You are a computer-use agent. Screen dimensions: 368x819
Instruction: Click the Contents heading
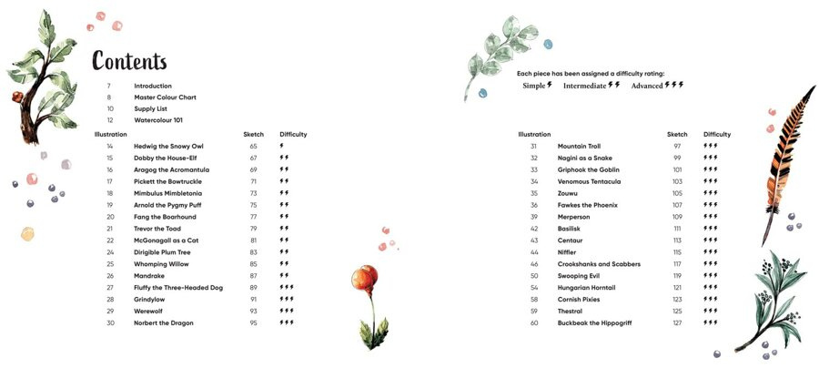pyautogui.click(x=129, y=61)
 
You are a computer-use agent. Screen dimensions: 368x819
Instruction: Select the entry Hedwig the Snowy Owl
pyautogui.click(x=168, y=146)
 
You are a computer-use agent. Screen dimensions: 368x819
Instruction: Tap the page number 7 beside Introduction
pyautogui.click(x=109, y=86)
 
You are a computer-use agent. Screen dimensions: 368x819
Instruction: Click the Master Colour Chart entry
pyautogui.click(x=165, y=97)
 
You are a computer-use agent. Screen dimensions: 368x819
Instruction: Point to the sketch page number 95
pyautogui.click(x=254, y=322)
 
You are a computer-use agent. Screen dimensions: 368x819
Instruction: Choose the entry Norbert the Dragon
pyautogui.click(x=163, y=322)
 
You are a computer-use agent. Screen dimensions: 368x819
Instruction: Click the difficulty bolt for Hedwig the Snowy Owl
pyautogui.click(x=282, y=146)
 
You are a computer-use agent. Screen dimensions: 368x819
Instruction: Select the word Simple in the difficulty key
pyautogui.click(x=534, y=86)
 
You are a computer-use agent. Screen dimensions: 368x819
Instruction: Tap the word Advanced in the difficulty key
pyautogui.click(x=647, y=86)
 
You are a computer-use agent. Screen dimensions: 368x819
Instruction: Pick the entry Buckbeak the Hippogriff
pyautogui.click(x=594, y=322)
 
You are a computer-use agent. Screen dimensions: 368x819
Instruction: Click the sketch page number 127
pyautogui.click(x=677, y=322)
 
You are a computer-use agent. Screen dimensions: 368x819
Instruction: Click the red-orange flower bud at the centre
pyautogui.click(x=366, y=277)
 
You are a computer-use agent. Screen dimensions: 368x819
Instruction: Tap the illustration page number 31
pyautogui.click(x=534, y=146)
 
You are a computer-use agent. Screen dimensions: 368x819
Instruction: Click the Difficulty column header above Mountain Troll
pyautogui.click(x=717, y=134)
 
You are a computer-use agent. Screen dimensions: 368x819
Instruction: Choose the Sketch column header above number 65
pyautogui.click(x=253, y=134)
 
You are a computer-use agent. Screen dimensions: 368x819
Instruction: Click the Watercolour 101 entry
pyautogui.click(x=160, y=120)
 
